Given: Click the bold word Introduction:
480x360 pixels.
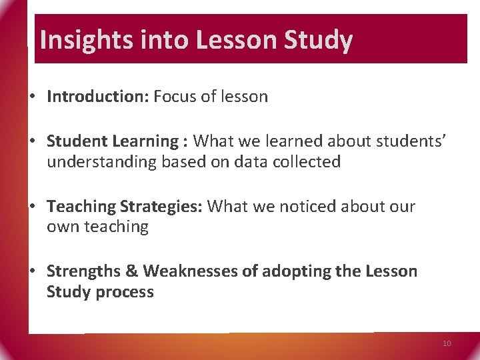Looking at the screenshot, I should click(98, 97).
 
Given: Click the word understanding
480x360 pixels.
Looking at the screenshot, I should click(102, 162).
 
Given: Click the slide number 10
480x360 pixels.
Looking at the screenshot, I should click(447, 343).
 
